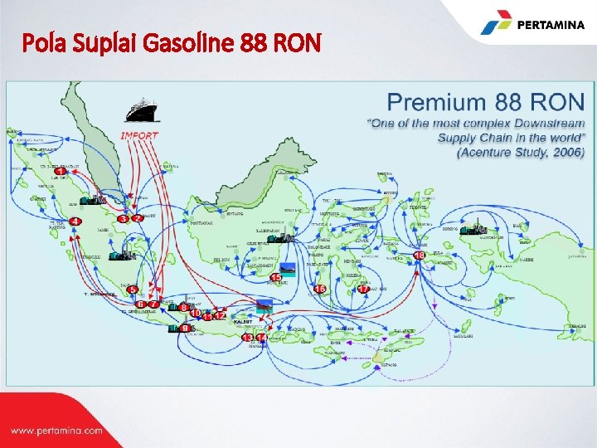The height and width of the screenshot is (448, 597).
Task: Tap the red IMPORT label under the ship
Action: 139,134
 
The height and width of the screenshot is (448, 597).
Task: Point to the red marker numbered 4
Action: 75,222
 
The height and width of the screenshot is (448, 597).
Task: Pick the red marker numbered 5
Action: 131,290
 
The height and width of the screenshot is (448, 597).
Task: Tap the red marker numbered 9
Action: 184,329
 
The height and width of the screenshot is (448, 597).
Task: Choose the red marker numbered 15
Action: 276,277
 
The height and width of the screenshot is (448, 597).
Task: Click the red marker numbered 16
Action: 319,290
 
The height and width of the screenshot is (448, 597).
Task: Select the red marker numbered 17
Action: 362,289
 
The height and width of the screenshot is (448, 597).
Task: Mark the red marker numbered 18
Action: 420,255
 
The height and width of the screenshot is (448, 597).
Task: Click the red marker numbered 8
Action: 184,309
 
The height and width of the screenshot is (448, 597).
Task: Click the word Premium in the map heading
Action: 436,104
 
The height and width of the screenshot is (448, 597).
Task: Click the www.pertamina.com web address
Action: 56,431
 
